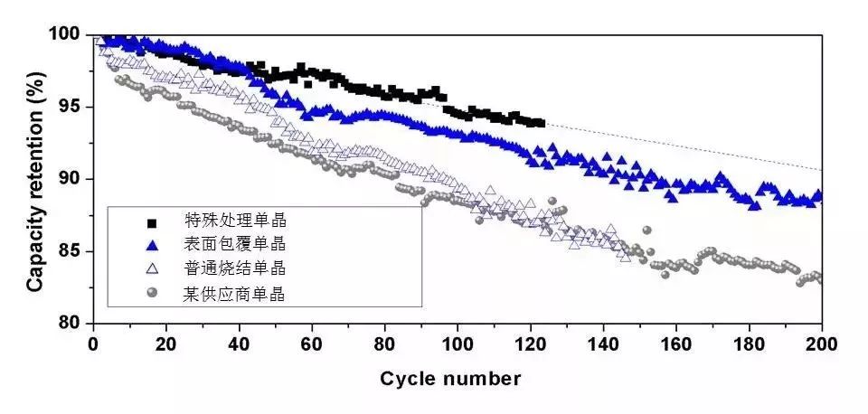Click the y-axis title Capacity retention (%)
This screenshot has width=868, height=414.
coord(34,179)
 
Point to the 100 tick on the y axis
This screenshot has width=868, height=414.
coord(69,34)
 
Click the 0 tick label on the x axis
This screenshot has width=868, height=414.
coord(93,343)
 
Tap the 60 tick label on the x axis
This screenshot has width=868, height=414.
coord(311,343)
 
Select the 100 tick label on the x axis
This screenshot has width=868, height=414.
coord(458,343)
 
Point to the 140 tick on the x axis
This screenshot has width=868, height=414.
coord(603,343)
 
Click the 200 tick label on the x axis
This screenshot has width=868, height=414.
coord(821,343)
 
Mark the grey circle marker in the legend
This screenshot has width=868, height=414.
coord(152,292)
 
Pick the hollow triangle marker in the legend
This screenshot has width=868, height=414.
coord(152,268)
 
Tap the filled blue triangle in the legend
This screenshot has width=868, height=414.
coord(152,245)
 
